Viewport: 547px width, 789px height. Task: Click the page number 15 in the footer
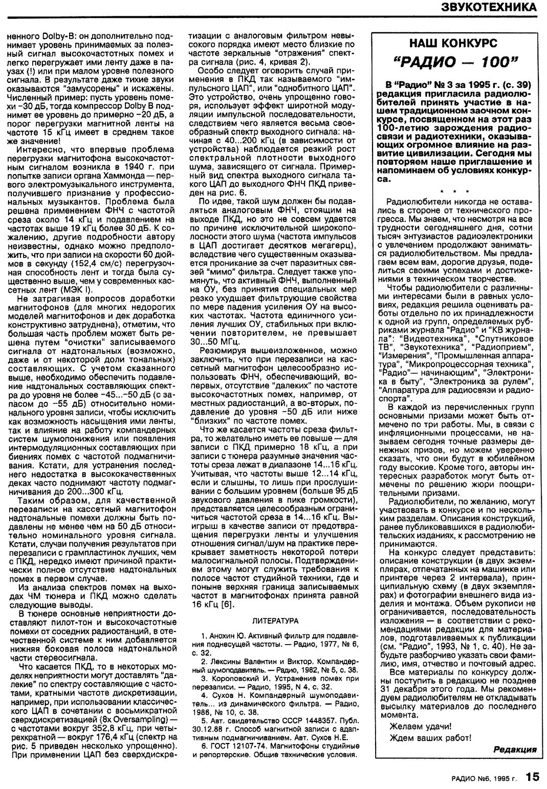(x=532, y=777)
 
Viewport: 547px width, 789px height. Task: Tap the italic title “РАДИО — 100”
(x=456, y=63)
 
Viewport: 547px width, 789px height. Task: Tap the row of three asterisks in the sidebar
(x=457, y=191)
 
